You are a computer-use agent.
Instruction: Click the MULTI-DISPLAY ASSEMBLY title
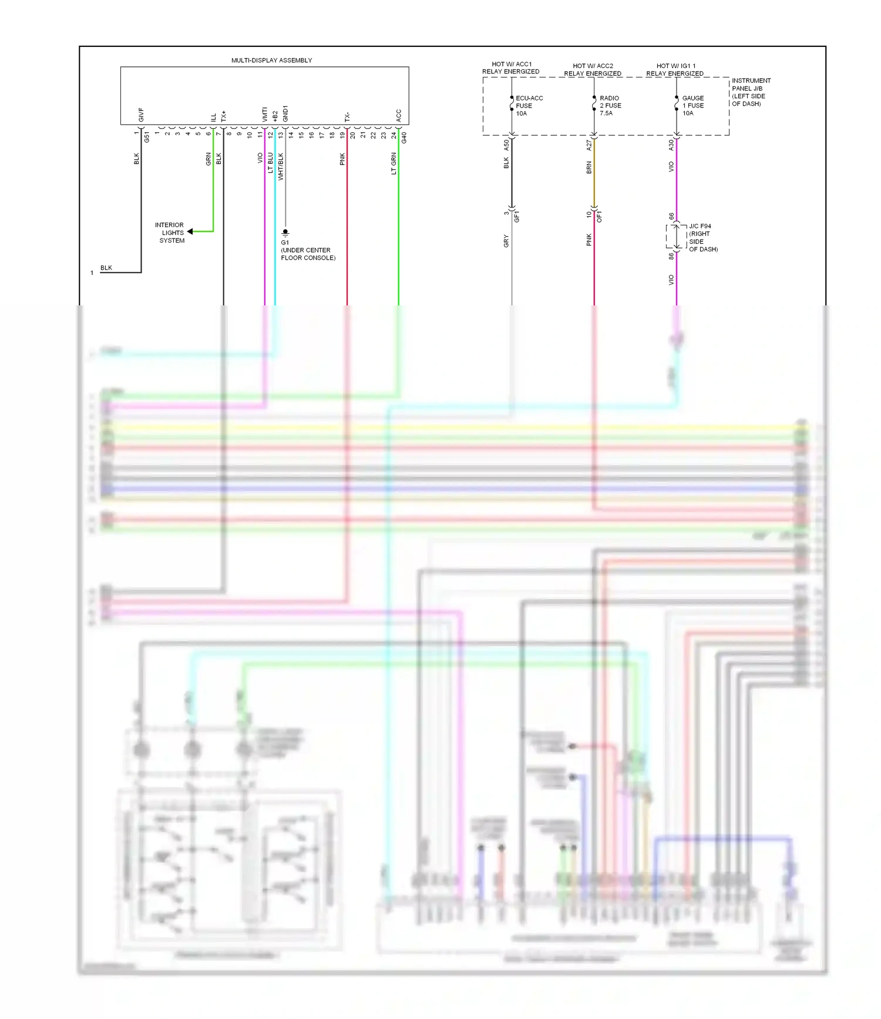[271, 60]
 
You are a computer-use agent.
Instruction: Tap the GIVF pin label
[141, 115]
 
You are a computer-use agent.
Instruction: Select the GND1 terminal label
[285, 113]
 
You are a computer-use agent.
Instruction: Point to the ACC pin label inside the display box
[399, 115]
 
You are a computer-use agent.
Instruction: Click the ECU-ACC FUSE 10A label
[529, 106]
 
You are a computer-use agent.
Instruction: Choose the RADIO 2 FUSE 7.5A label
[610, 106]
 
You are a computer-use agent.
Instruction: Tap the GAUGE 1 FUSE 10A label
[692, 106]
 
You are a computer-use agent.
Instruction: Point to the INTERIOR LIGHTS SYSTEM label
[170, 233]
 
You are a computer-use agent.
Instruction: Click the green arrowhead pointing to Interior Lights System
[190, 231]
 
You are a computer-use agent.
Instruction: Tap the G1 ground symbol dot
[285, 232]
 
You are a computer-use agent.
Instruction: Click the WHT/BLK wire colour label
[281, 166]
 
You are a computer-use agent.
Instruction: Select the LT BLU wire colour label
[271, 163]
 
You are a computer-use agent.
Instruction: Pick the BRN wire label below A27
[589, 167]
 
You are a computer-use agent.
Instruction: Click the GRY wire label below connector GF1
[506, 241]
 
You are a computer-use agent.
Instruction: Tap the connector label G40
[404, 138]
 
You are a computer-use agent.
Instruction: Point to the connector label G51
[147, 137]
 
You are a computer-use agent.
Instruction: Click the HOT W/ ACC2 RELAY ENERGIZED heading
[593, 70]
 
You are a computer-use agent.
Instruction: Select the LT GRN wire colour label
[394, 163]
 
